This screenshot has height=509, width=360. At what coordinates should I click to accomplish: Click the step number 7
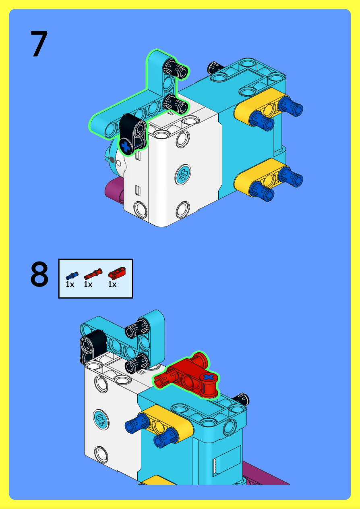click(39, 44)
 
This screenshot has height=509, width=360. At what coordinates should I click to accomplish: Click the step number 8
click(39, 274)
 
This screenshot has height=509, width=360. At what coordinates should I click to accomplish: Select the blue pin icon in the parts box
click(72, 276)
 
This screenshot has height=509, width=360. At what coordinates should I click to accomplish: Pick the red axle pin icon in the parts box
click(93, 274)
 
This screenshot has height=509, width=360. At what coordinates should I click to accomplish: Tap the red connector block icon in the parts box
click(117, 273)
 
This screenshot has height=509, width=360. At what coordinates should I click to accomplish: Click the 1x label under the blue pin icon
click(70, 284)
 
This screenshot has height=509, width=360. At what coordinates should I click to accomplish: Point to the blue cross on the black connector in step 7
click(126, 146)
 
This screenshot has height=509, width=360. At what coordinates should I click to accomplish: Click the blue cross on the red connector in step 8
click(208, 377)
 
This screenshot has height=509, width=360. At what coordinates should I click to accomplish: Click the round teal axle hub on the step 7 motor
click(183, 175)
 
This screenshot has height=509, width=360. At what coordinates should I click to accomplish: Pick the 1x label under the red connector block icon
click(112, 284)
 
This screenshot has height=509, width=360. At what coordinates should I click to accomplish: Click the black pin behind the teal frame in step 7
click(215, 67)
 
